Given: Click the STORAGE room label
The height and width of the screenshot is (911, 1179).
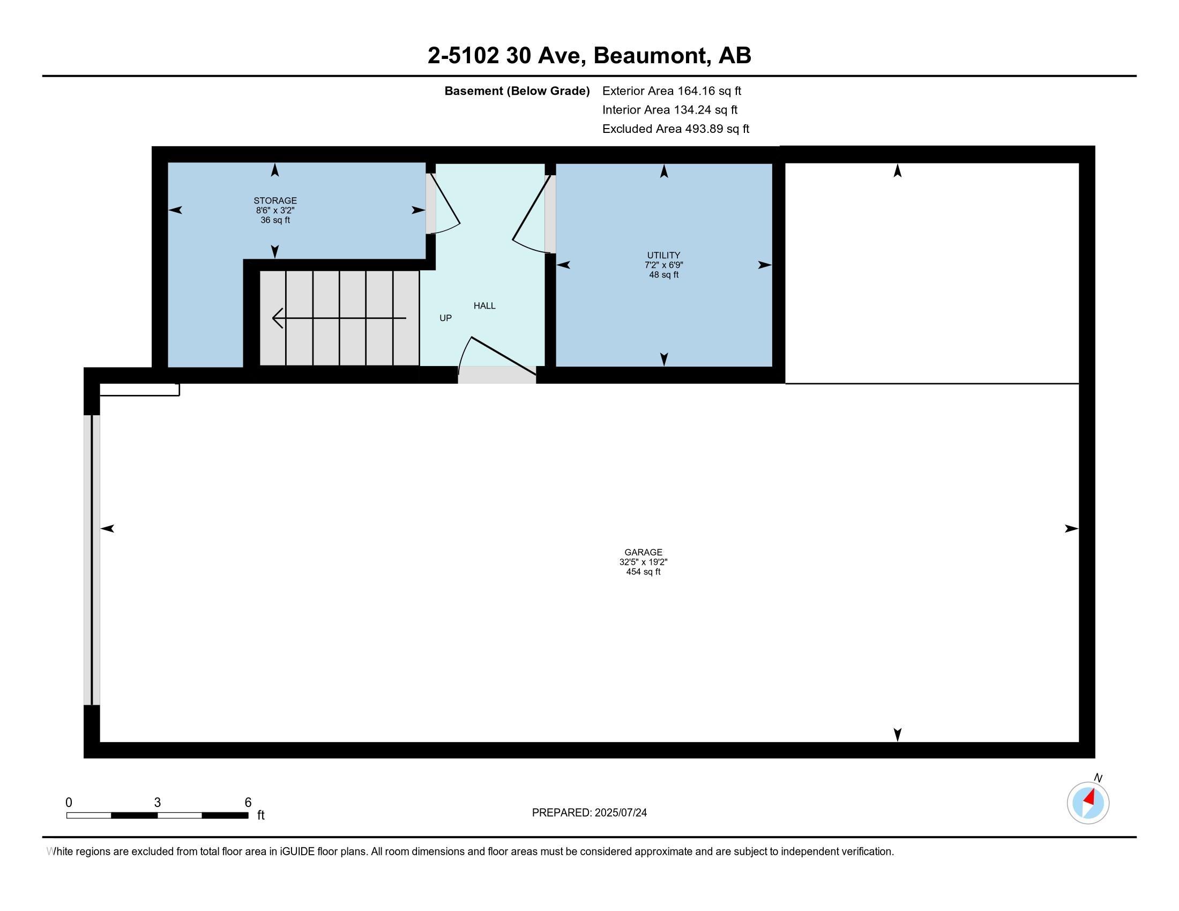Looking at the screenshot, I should click(275, 201).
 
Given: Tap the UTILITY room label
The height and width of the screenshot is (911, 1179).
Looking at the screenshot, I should click(663, 255).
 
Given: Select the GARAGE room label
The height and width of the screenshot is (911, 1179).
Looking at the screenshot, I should click(643, 552).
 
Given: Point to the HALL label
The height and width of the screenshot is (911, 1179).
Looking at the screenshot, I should click(484, 305).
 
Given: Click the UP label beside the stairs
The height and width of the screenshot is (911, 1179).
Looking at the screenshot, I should click(445, 318).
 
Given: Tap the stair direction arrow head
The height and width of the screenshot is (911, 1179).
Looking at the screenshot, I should click(277, 318).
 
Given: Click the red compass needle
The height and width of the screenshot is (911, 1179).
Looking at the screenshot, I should click(1090, 797).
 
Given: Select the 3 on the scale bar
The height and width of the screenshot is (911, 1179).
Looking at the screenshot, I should click(157, 803).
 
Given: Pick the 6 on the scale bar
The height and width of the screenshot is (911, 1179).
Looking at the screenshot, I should click(248, 803).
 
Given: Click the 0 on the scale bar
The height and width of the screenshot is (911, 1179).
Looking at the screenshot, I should click(69, 803).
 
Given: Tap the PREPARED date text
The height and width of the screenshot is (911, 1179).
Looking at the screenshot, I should click(589, 813).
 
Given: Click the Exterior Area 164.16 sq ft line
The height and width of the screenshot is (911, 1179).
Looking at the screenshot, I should click(671, 91).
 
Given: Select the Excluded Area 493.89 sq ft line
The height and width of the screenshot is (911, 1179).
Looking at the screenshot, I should click(675, 129).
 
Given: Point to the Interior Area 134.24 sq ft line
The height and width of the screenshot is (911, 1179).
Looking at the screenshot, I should click(669, 110).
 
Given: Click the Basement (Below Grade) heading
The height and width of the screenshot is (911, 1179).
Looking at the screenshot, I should click(517, 91).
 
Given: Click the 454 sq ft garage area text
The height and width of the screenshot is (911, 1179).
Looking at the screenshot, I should click(643, 572).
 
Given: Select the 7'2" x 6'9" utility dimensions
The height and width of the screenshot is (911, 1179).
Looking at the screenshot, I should click(663, 265).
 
